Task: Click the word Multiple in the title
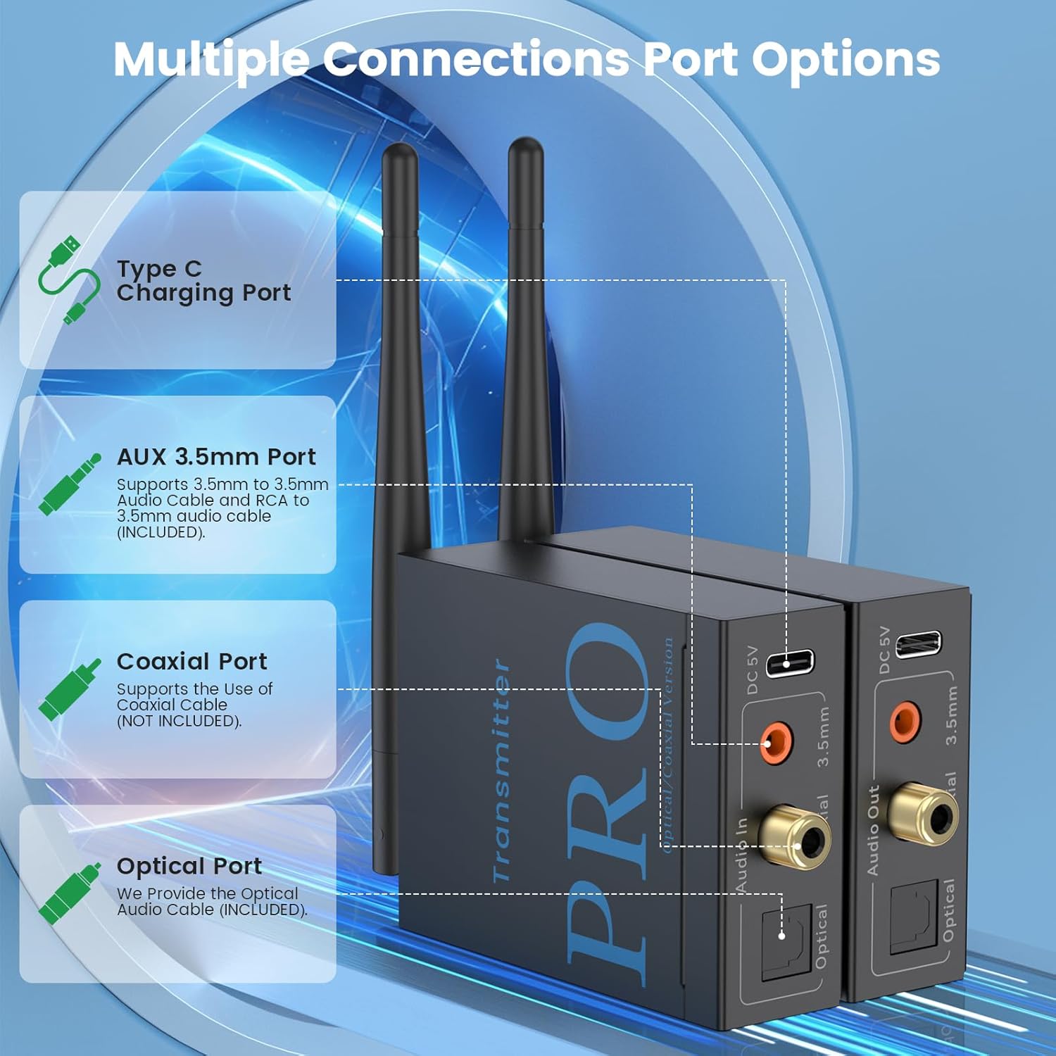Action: [x=211, y=61]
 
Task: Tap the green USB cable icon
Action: [x=68, y=280]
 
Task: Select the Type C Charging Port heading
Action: [x=203, y=280]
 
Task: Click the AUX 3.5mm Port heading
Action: [x=216, y=457]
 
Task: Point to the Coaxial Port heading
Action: [x=191, y=662]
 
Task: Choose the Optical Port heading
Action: [x=189, y=866]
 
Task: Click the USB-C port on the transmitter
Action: [x=789, y=663]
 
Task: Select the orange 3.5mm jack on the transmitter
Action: [x=777, y=743]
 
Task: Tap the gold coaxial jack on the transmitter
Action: [x=796, y=838]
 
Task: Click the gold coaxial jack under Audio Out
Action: [x=923, y=815]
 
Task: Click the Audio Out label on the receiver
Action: [x=873, y=831]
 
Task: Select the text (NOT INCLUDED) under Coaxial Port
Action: [x=179, y=721]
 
